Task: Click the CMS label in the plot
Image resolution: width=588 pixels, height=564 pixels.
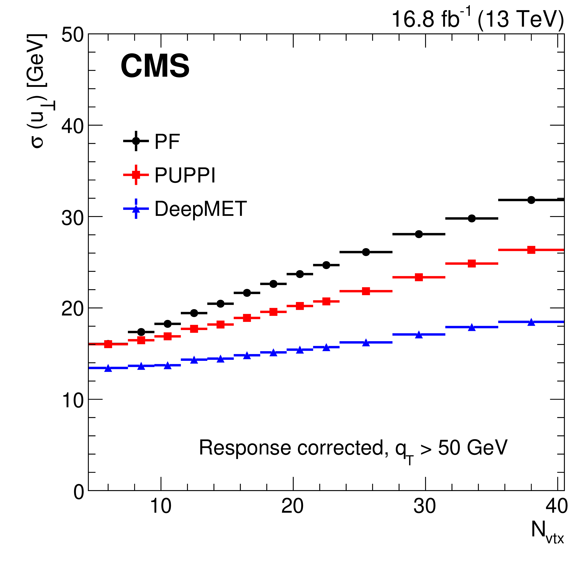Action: tap(155, 66)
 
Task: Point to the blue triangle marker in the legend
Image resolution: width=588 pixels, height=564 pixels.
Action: tap(136, 209)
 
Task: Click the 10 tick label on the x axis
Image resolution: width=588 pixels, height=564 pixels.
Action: tap(161, 506)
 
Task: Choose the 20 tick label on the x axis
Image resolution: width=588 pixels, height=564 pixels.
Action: tap(292, 506)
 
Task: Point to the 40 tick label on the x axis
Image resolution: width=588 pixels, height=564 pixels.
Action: tap(556, 506)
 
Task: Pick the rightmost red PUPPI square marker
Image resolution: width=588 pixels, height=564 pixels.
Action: tap(531, 250)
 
